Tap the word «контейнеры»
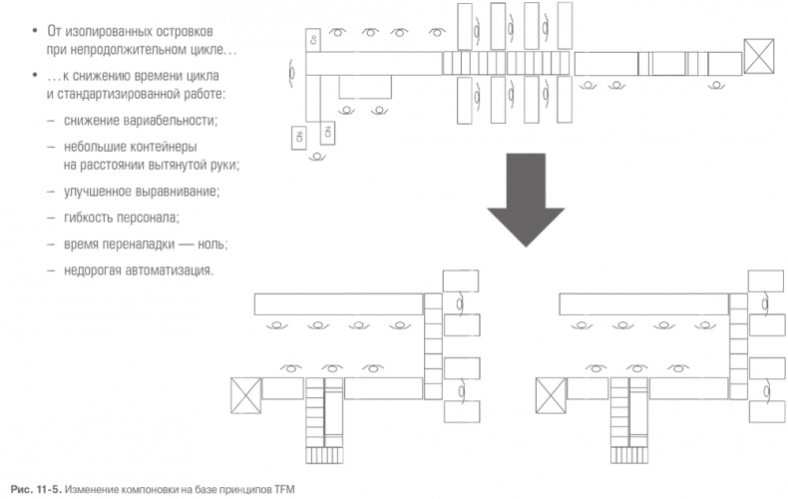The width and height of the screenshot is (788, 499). click(x=165, y=147)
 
